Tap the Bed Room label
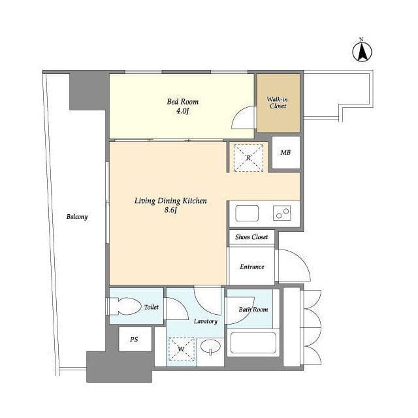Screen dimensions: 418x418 tap(183, 102)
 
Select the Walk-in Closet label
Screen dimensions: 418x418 tap(278, 103)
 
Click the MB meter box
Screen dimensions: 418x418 tap(286, 152)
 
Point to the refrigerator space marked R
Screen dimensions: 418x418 tap(248, 158)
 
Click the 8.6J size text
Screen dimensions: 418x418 tap(170, 210)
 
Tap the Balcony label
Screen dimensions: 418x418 tap(77, 216)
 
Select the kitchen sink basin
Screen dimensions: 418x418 tap(247, 213)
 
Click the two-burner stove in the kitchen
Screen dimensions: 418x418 tap(281, 213)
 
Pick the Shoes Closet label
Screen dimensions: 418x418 tap(251, 236)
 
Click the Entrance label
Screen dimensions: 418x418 tap(252, 266)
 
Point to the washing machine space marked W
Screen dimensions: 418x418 tap(182, 349)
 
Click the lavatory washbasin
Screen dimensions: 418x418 tap(210, 347)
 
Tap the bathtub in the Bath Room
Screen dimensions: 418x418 tap(253, 342)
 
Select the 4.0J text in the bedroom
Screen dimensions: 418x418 tap(183, 111)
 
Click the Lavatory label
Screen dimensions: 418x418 tap(206, 321)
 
